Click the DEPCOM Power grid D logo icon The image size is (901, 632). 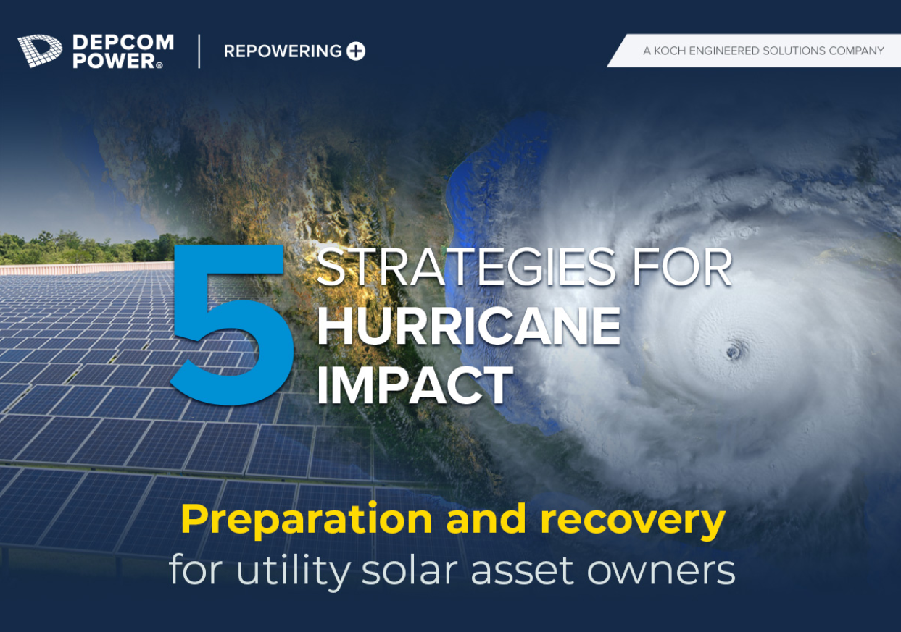[x=40, y=51]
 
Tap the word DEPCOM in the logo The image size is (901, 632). [x=123, y=43]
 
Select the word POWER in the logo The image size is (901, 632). [x=115, y=61]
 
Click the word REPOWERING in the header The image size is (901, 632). [x=283, y=51]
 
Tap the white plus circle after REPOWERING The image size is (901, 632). [x=356, y=51]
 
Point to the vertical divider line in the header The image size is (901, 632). [x=199, y=51]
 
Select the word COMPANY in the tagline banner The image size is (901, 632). [x=856, y=51]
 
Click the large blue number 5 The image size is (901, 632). [x=232, y=324]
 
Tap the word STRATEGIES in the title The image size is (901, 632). [x=466, y=267]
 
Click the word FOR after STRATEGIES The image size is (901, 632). [x=682, y=267]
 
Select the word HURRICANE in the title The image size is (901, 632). [x=468, y=326]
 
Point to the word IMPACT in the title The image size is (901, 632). [x=415, y=384]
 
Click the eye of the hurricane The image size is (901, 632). [x=734, y=352]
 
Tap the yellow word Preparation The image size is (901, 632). [x=307, y=521]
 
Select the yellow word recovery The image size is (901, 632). [x=633, y=521]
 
